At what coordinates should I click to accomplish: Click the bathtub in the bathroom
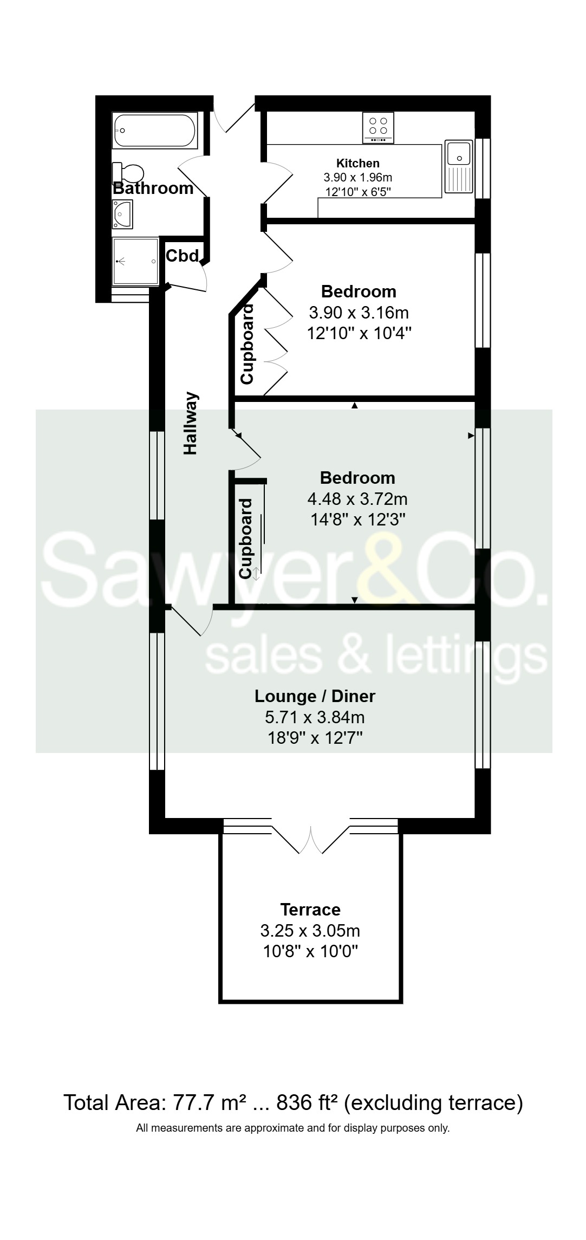pyautogui.click(x=154, y=131)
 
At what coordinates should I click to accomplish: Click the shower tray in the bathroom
pyautogui.click(x=136, y=261)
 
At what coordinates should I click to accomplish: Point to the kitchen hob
pyautogui.click(x=378, y=128)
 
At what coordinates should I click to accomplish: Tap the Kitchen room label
pyautogui.click(x=358, y=163)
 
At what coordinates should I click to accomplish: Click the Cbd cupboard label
pyautogui.click(x=183, y=256)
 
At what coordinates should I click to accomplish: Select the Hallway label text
pyautogui.click(x=191, y=423)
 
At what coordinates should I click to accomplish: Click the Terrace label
pyautogui.click(x=310, y=910)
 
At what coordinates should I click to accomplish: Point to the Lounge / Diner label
pyautogui.click(x=315, y=696)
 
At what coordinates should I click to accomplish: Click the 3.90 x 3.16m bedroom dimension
pyautogui.click(x=359, y=313)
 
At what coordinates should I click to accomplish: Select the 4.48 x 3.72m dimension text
pyautogui.click(x=358, y=498)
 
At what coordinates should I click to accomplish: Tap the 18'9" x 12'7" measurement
pyautogui.click(x=315, y=738)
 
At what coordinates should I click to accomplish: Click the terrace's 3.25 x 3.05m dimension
pyautogui.click(x=310, y=931)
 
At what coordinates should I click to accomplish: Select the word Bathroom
pyautogui.click(x=153, y=189)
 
